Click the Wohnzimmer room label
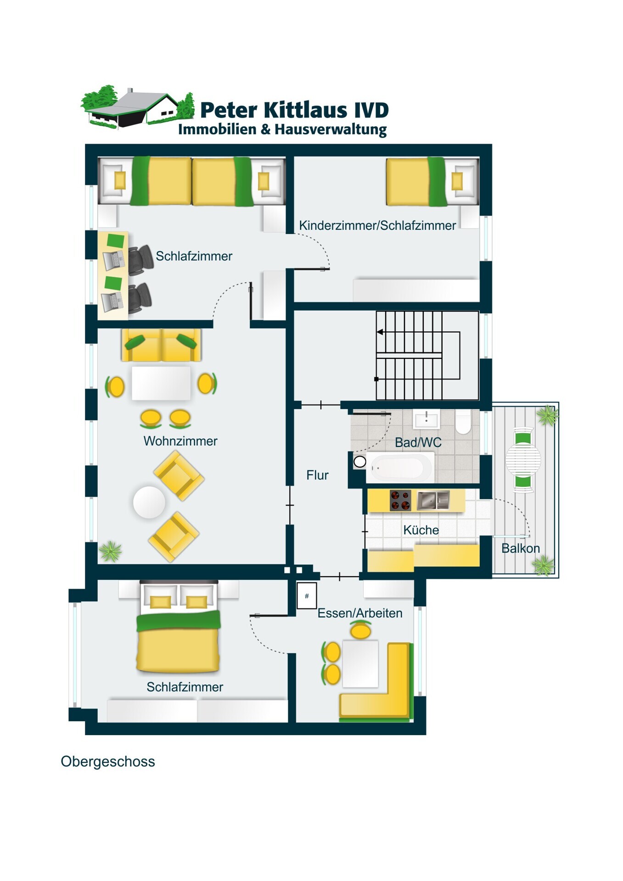pyautogui.click(x=180, y=441)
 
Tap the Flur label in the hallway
pyautogui.click(x=317, y=475)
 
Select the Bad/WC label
pyautogui.click(x=418, y=442)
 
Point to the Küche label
pyautogui.click(x=421, y=530)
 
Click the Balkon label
pyautogui.click(x=520, y=548)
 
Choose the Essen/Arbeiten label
pyautogui.click(x=360, y=613)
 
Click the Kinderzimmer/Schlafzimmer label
pyautogui.click(x=377, y=225)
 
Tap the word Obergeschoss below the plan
pyautogui.click(x=108, y=762)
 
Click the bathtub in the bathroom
pyautogui.click(x=398, y=468)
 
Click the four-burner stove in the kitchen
pyautogui.click(x=400, y=500)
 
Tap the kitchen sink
pyautogui.click(x=433, y=500)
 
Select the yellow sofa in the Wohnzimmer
pyautogui.click(x=161, y=345)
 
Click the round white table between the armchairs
pyautogui.click(x=149, y=502)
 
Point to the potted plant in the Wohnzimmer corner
pyautogui.click(x=110, y=551)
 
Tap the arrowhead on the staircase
pyautogui.click(x=380, y=332)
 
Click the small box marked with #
pyautogui.click(x=307, y=596)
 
